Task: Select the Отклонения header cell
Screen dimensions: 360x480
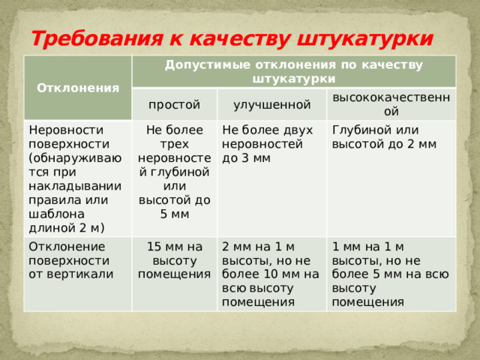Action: (79, 88)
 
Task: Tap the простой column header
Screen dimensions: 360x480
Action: (174, 103)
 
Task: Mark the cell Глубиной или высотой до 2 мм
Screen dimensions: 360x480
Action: (384, 136)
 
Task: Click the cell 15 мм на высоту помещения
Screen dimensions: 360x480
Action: (174, 259)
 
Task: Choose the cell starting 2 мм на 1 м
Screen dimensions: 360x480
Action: (270, 274)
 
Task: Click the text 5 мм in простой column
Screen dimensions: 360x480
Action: (174, 214)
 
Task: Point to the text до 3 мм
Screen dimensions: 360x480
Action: (247, 158)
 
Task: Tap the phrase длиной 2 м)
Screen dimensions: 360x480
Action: (67, 227)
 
